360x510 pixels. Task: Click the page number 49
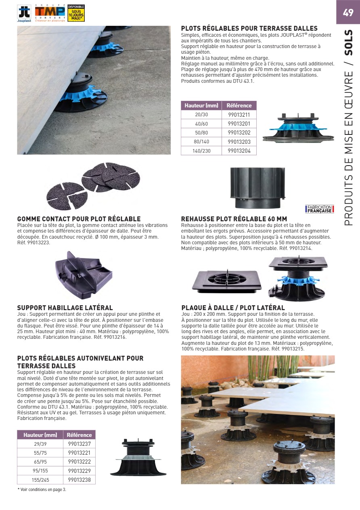click(347, 13)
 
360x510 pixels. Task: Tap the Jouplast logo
click(24, 13)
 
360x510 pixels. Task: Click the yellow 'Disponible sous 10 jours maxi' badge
click(76, 13)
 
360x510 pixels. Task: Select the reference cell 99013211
click(239, 115)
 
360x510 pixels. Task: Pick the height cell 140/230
click(201, 150)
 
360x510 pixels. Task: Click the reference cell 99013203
click(239, 141)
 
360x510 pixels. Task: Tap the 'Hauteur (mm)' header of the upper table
click(201, 105)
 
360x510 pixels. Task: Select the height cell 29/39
click(40, 444)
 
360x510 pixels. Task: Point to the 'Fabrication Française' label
click(319, 209)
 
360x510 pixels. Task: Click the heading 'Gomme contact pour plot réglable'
click(79, 219)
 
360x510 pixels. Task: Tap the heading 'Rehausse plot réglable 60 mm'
click(234, 219)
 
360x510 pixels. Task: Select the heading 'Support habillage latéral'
click(65, 308)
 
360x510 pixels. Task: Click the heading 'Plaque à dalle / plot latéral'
click(233, 308)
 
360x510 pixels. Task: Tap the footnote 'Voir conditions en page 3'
click(42, 489)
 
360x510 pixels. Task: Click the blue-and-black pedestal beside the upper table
click(298, 127)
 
